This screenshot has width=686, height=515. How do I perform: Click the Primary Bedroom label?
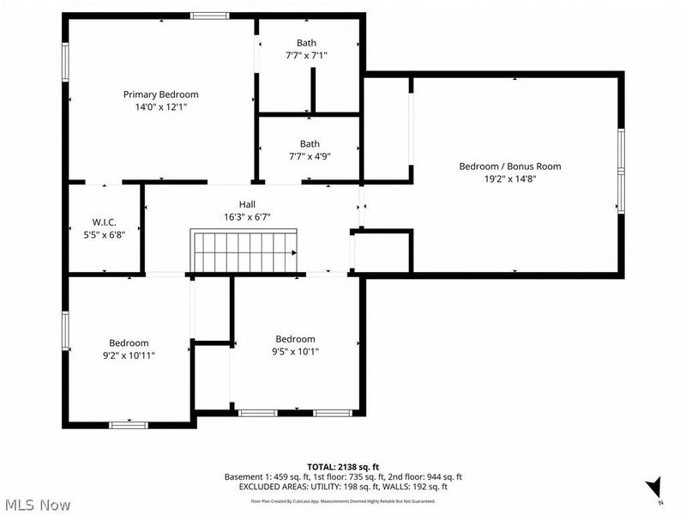click(x=161, y=94)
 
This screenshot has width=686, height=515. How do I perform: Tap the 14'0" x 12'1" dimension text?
click(x=161, y=107)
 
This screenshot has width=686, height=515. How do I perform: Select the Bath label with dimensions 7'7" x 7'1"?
click(x=306, y=43)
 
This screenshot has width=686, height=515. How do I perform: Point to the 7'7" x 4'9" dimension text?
click(x=310, y=156)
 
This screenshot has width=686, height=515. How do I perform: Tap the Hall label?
click(x=248, y=204)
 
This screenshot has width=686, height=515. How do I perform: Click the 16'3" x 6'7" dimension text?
click(x=248, y=217)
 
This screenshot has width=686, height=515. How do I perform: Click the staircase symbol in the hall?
click(x=245, y=250)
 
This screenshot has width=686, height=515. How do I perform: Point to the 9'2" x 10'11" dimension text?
click(x=129, y=354)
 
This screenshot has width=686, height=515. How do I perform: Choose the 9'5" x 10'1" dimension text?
click(x=295, y=351)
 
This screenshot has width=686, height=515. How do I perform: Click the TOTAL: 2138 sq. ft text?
click(x=343, y=466)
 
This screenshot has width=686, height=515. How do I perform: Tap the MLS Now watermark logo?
click(x=37, y=506)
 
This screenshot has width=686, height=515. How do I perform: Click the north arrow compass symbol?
click(x=655, y=488)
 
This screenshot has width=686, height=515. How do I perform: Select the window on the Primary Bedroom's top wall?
click(x=209, y=15)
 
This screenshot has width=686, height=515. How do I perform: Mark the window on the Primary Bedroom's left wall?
click(x=64, y=62)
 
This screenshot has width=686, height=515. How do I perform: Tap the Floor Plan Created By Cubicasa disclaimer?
click(x=343, y=500)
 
